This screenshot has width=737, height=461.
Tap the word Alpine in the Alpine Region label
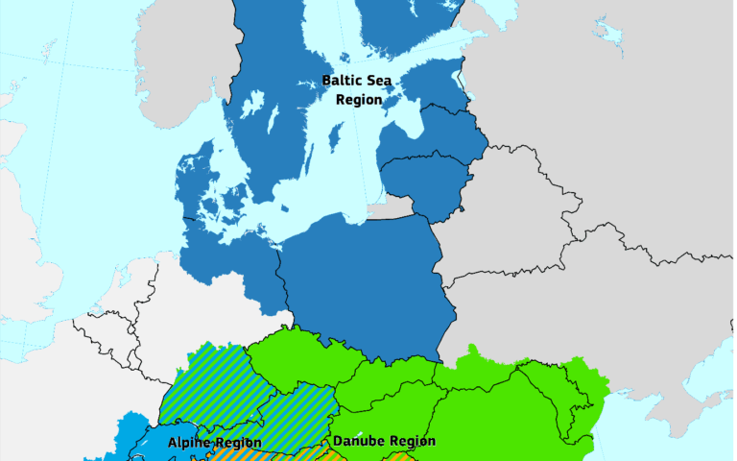pyautogui.click(x=189, y=443)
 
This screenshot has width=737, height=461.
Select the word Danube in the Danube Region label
pyautogui.click(x=357, y=442)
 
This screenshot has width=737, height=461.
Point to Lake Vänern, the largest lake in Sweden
pyautogui.click(x=251, y=104)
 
